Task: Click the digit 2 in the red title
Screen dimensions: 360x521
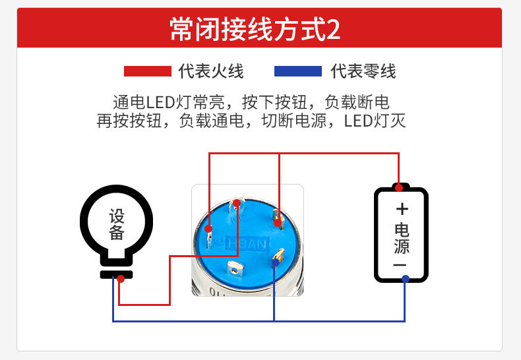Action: click(333, 30)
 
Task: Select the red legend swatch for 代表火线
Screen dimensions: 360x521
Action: click(147, 71)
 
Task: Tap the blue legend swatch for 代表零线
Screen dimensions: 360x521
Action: click(297, 71)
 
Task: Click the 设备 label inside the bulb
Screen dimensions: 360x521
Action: click(117, 224)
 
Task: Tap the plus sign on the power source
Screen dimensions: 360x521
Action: click(402, 209)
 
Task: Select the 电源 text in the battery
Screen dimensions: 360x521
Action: click(401, 239)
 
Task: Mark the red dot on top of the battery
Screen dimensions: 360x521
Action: click(399, 186)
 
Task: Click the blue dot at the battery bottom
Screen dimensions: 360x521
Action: click(405, 278)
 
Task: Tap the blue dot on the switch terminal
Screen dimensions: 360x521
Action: click(274, 262)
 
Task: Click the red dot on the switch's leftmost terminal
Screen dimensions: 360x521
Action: click(208, 229)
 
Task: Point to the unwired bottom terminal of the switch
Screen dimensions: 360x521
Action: click(233, 268)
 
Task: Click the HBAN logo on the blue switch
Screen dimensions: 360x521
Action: click(248, 244)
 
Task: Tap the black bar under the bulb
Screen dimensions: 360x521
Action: click(117, 274)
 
